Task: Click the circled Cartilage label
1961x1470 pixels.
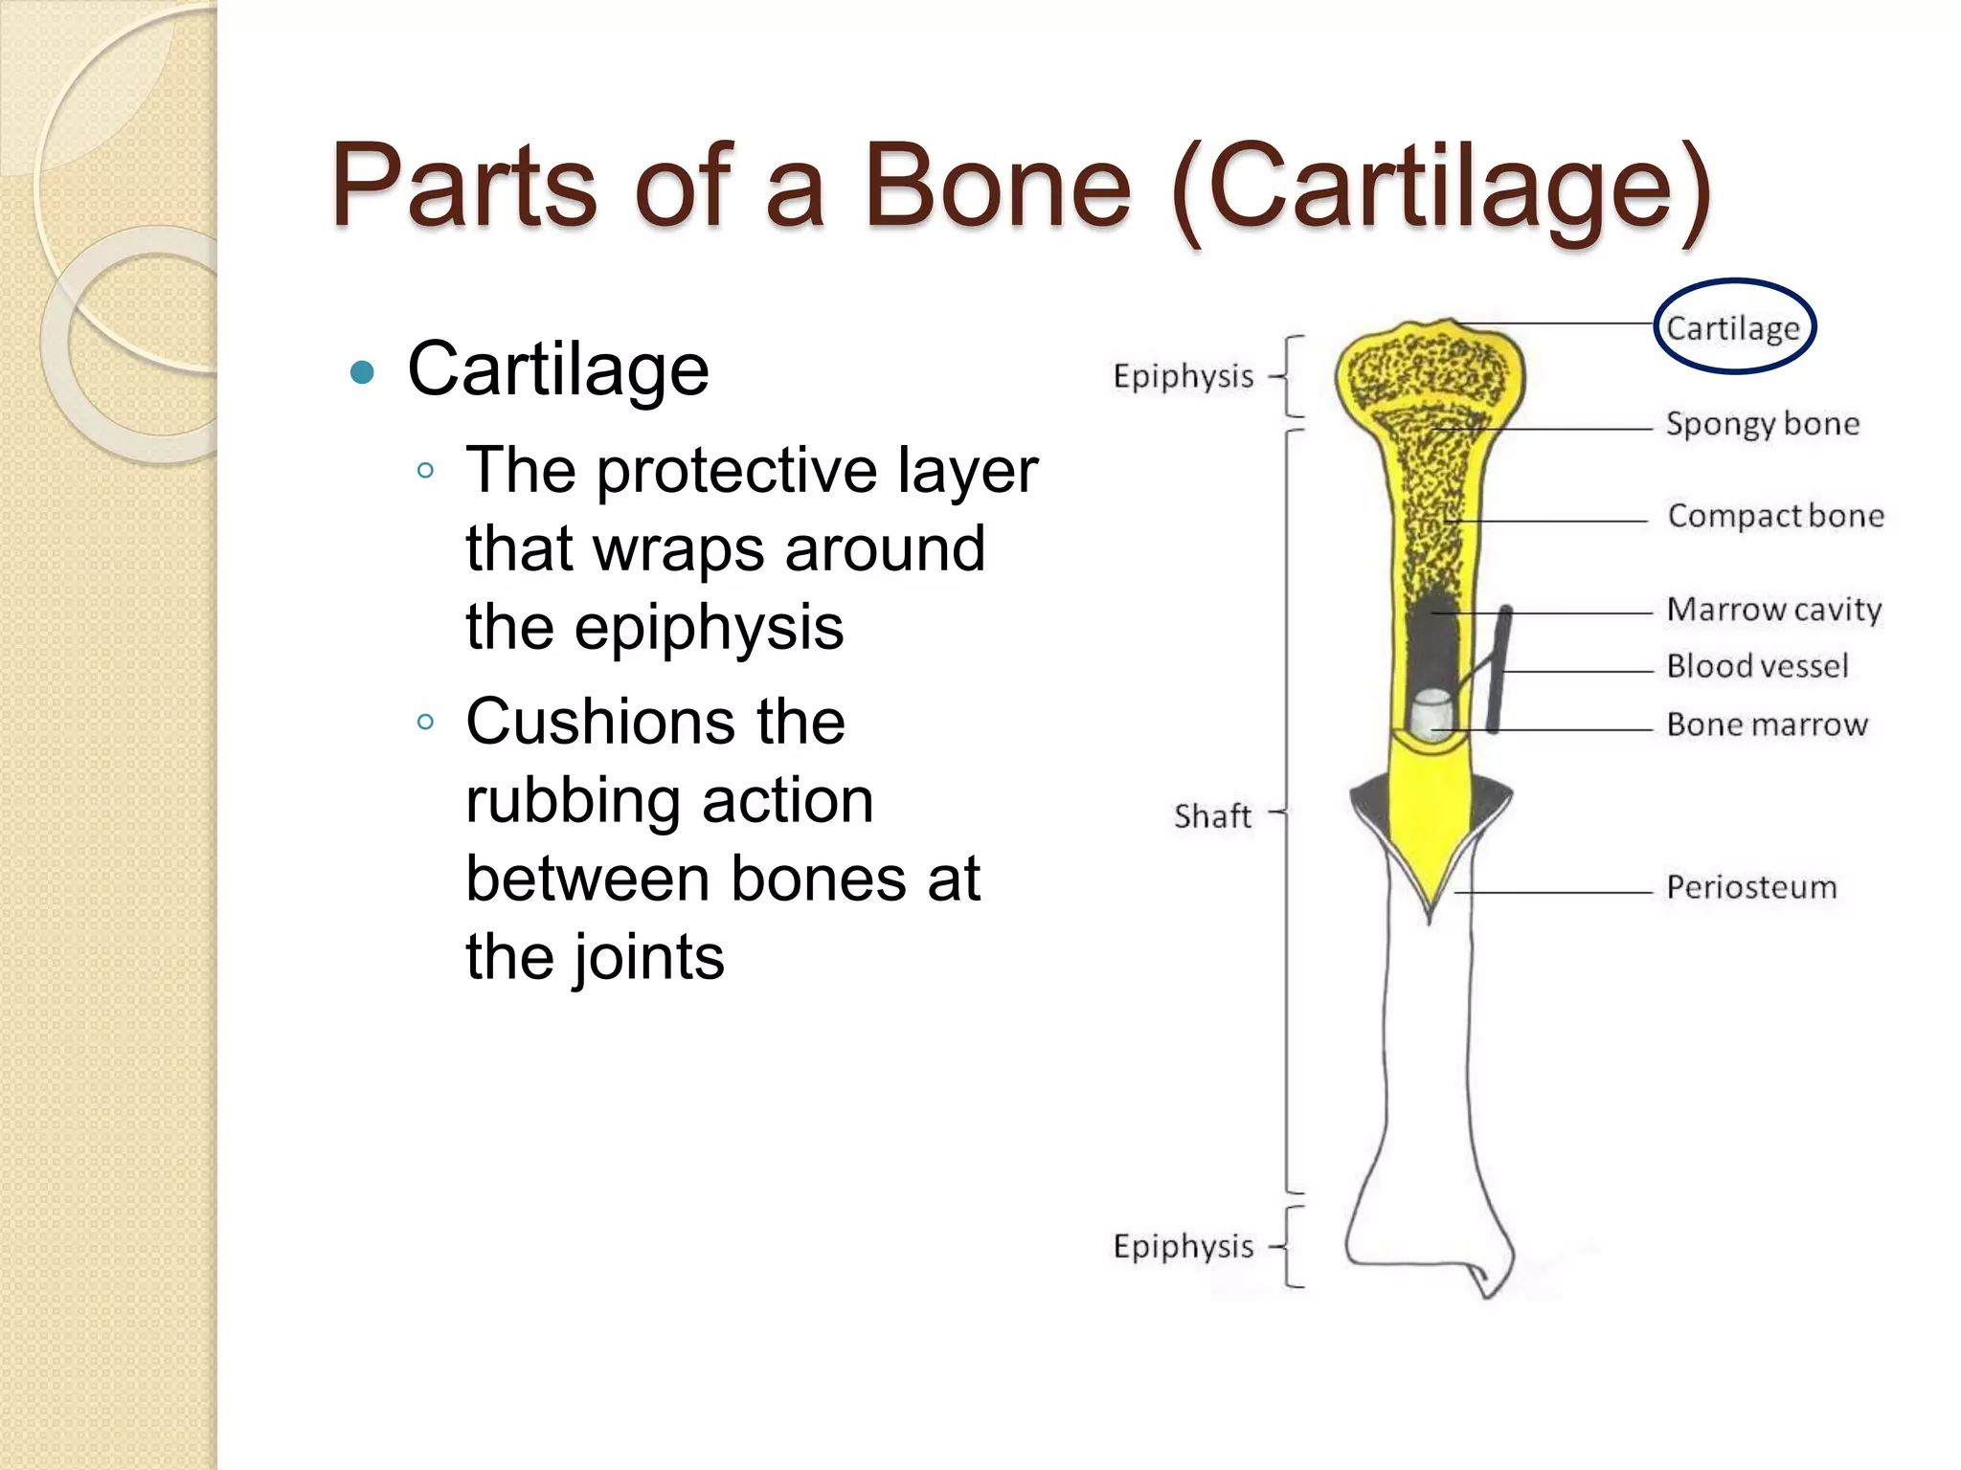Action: click(1733, 327)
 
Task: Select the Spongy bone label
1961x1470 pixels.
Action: click(1762, 423)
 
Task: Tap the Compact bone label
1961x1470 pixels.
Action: click(1775, 516)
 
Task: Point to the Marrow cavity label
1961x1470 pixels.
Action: click(1773, 609)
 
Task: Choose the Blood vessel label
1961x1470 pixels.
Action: click(1757, 666)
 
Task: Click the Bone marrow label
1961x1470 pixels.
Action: click(1767, 724)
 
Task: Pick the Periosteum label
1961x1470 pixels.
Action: click(1751, 887)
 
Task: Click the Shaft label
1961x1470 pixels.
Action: click(1212, 816)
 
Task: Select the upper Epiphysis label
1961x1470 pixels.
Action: click(1183, 376)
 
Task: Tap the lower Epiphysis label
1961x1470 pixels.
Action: click(1183, 1246)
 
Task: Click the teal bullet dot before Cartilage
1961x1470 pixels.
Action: click(362, 371)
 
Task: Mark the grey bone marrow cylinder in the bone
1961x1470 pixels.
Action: click(1431, 714)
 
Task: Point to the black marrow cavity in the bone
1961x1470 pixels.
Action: click(1433, 641)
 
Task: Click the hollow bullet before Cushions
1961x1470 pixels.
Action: click(426, 722)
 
